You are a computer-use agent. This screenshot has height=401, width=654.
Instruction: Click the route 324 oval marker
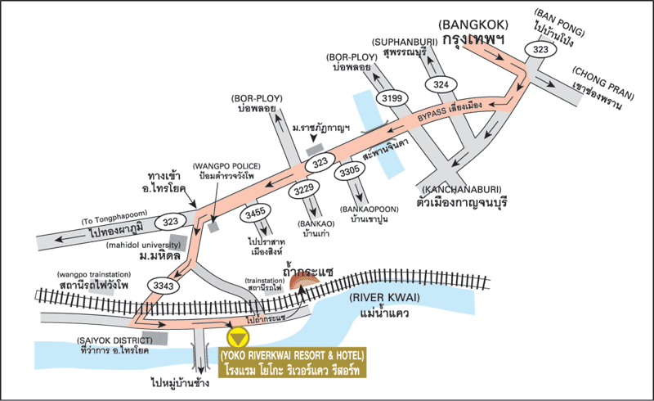pos(441,85)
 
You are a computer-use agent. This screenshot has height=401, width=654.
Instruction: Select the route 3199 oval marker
pos(392,98)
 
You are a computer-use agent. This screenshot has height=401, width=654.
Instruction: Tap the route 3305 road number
pos(350,170)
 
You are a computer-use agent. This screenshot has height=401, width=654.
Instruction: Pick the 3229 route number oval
pos(304,189)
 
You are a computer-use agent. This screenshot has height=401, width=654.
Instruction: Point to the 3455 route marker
pos(255,214)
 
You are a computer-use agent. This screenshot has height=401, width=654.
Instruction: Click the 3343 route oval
pos(163,286)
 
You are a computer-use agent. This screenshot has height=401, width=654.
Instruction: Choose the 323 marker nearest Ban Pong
pos(540,49)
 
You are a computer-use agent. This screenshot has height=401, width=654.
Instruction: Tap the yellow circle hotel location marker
pos(238,337)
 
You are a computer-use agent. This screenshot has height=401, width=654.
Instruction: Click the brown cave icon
pos(304,282)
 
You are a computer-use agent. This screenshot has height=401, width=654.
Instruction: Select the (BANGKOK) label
pos(473,25)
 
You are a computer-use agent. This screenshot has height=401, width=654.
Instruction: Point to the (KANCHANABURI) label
pos(462,190)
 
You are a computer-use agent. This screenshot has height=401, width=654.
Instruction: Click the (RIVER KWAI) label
pos(384,298)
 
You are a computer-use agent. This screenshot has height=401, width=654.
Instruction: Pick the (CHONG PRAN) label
pos(603,83)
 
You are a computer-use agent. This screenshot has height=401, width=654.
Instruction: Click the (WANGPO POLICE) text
pos(226,166)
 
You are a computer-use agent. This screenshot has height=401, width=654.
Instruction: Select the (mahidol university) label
pos(144,245)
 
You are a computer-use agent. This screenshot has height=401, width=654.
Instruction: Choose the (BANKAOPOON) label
pos(370,209)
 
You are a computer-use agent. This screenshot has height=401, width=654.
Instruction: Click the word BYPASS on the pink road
pos(432,114)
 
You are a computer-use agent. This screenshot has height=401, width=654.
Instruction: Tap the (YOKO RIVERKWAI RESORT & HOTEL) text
pos(293,355)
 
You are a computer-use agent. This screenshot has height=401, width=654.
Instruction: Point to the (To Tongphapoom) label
pos(114,217)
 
